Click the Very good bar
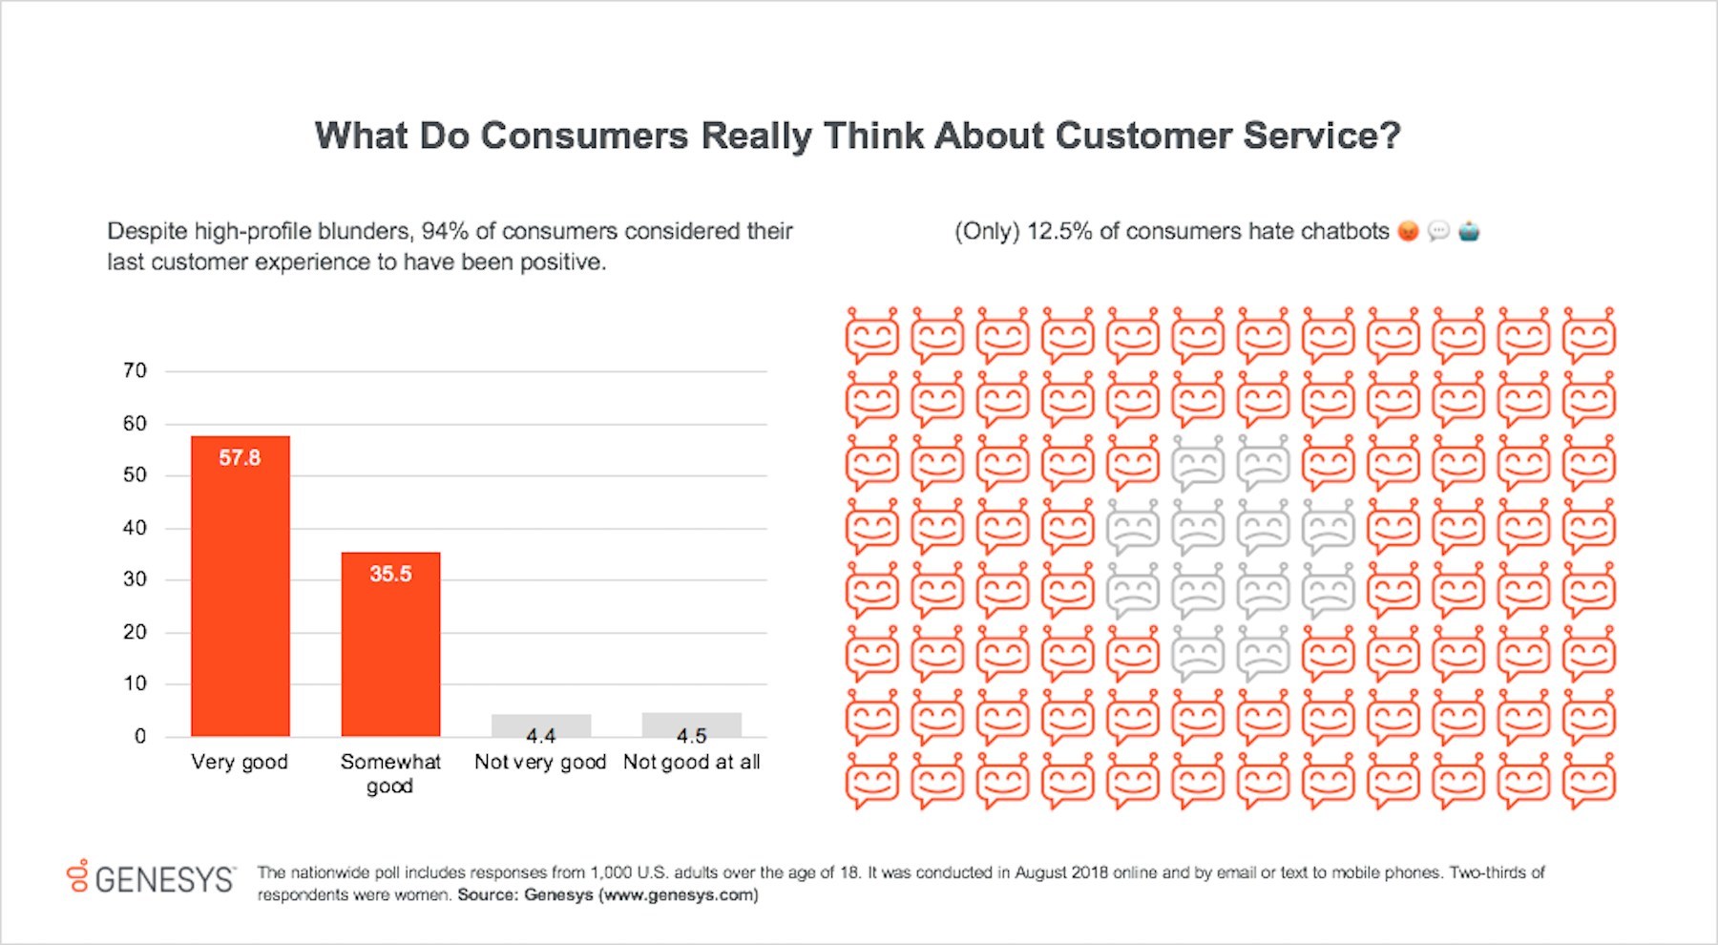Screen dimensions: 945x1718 tap(240, 586)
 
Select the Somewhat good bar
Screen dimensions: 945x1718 tap(390, 644)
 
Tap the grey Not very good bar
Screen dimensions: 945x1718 tap(541, 724)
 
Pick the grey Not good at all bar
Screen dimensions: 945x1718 tap(692, 723)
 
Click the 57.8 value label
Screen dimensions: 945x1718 tap(240, 458)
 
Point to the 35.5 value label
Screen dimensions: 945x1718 tap(390, 575)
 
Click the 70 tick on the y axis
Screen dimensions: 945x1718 tap(135, 370)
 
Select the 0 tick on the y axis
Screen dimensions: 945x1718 tap(140, 736)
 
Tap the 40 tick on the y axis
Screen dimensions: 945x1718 tap(135, 527)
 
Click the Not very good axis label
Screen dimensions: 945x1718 tap(540, 762)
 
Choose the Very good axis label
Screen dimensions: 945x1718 tap(240, 762)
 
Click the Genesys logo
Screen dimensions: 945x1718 tap(151, 877)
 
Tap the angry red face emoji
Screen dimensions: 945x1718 tap(1408, 231)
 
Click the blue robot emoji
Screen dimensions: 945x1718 tap(1469, 231)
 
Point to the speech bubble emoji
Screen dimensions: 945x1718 tap(1438, 231)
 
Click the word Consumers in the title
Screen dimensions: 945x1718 tap(584, 136)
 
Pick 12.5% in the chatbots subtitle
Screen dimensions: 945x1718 tap(1058, 231)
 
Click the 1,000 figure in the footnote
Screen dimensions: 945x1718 tap(611, 872)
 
